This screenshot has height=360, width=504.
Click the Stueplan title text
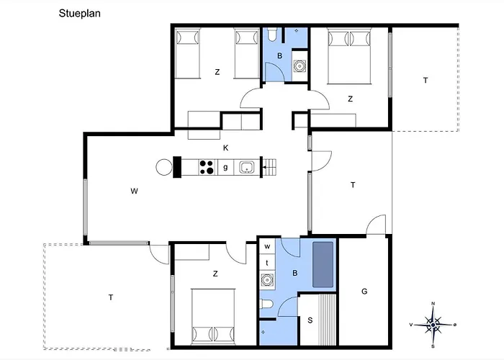(79, 14)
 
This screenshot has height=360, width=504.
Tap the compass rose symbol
(433, 325)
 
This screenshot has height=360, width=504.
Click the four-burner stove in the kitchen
(207, 167)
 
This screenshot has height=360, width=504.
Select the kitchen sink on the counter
(246, 167)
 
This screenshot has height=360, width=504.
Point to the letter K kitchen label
(225, 148)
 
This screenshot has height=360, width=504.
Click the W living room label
(134, 191)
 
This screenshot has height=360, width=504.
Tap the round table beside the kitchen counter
(164, 167)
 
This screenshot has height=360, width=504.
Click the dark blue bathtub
(323, 264)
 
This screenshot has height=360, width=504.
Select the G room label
(364, 291)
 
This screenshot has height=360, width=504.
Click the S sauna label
(310, 320)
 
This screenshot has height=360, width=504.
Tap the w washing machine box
(267, 246)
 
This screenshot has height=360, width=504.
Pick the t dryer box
(267, 263)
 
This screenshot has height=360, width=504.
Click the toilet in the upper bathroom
(272, 35)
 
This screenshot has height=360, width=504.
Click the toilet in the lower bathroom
(266, 304)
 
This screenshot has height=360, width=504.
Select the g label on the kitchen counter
(225, 167)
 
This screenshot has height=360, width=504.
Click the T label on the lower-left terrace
(111, 297)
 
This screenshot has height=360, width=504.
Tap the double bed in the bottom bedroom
(213, 316)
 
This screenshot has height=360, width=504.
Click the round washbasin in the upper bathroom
(300, 66)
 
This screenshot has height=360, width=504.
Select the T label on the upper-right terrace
(426, 81)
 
